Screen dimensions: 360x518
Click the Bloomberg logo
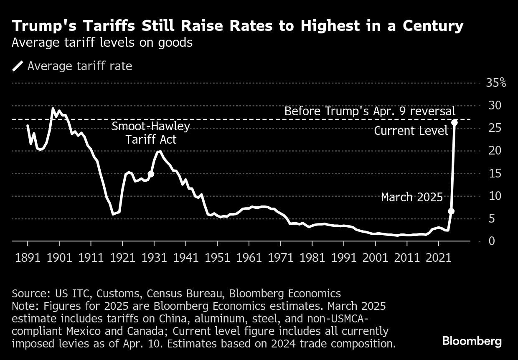pyautogui.click(x=472, y=341)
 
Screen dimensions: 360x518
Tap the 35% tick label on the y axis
pyautogui.click(x=496, y=83)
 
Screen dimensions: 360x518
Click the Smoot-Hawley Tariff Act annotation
pyautogui.click(x=151, y=132)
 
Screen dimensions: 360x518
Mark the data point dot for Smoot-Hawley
pyautogui.click(x=151, y=174)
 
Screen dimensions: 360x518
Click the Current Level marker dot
pyautogui.click(x=455, y=122)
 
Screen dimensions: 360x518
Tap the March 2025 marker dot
pyautogui.click(x=451, y=211)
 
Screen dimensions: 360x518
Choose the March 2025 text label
pyautogui.click(x=411, y=197)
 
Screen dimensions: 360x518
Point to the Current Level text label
pyautogui.click(x=411, y=131)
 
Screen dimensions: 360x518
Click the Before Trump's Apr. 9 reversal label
pyautogui.click(x=370, y=112)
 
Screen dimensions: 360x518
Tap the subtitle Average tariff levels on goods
pyautogui.click(x=102, y=43)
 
